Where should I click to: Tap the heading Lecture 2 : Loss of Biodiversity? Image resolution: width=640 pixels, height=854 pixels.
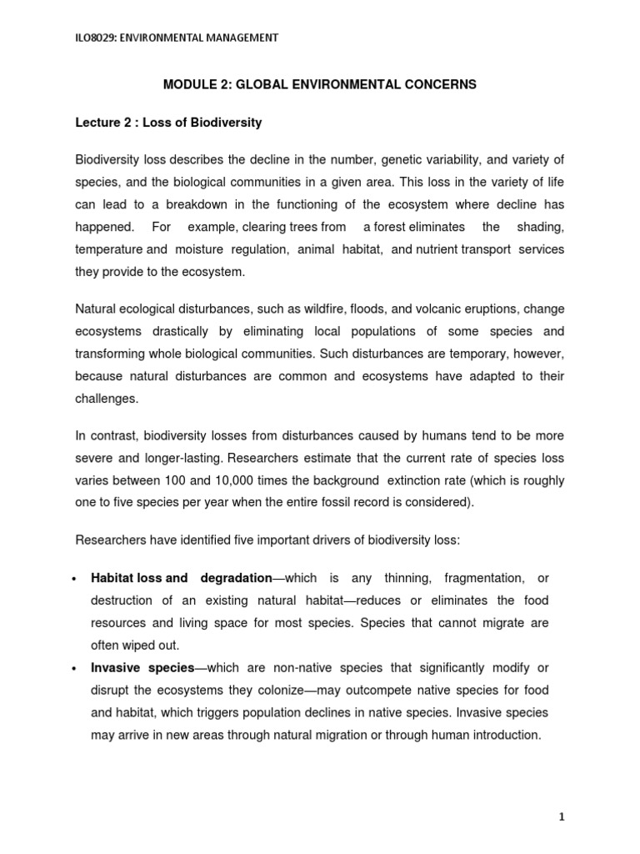point(168,123)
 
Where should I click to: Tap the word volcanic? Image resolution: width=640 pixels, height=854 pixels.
point(417,309)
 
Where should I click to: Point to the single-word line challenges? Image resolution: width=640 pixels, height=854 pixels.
point(106,399)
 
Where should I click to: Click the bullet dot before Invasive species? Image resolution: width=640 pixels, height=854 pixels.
point(76,669)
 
